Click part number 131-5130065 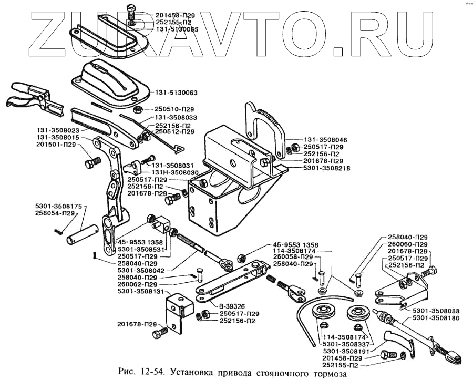tap(177, 30)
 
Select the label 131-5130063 tap(176, 93)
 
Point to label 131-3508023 tap(58, 129)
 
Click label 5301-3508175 tap(59, 206)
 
